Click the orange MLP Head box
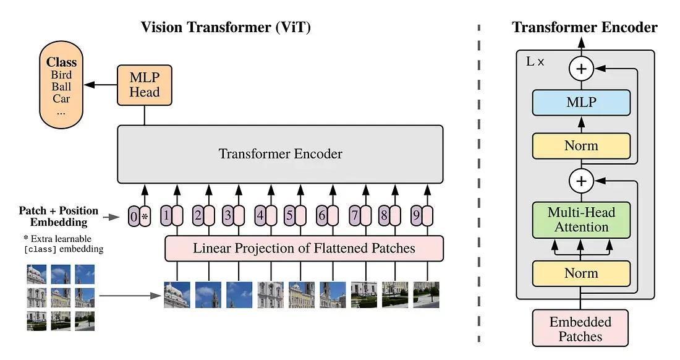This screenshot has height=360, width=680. pos(144,85)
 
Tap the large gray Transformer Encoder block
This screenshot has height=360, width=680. pos(280,153)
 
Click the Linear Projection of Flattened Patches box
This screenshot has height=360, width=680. pos(304,249)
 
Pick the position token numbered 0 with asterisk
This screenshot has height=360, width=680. pos(140,216)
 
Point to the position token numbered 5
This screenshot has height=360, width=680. pos(295,216)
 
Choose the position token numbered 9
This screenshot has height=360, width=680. pos(422,216)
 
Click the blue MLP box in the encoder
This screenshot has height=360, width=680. pos(581,103)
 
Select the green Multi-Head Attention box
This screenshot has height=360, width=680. pos(581,220)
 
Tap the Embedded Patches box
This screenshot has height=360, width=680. pos(580,328)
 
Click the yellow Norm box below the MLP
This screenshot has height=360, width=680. pos(581,146)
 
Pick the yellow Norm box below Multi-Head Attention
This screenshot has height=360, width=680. pos(581,273)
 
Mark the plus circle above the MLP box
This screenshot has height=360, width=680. pos(581,69)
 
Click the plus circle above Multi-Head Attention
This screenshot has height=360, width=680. pos(581,181)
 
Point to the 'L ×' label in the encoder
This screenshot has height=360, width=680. pos(535,62)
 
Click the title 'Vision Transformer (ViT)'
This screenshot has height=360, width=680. pos(226,27)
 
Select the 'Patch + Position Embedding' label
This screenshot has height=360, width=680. pos(59,216)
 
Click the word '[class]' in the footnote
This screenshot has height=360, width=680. pos(38,250)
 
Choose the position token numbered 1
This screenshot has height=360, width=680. pos(171,216)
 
